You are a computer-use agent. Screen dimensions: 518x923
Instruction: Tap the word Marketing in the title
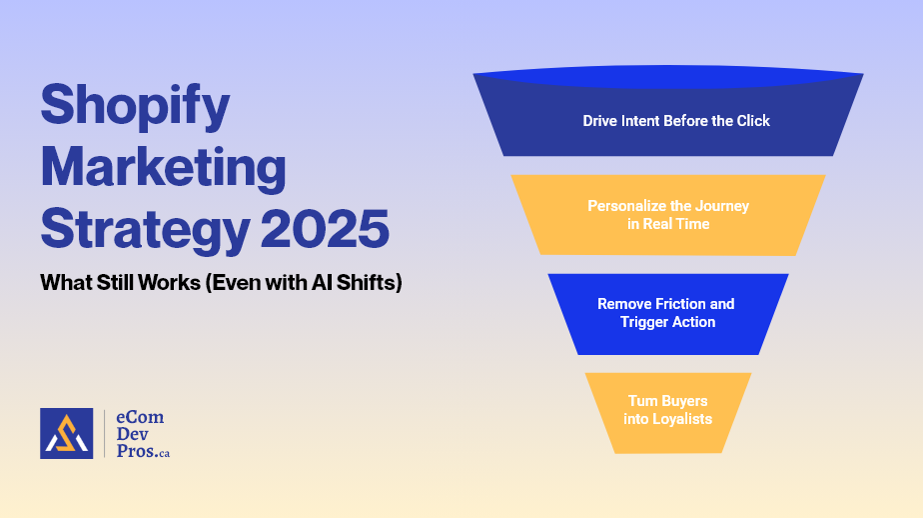[163, 168]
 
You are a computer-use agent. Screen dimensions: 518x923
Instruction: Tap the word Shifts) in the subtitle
[368, 283]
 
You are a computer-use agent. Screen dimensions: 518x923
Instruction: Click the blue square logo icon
[66, 433]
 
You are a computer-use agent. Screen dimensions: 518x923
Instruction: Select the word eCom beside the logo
[141, 416]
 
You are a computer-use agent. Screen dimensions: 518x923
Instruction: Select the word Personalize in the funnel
[626, 206]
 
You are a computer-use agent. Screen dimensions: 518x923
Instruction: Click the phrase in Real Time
[668, 224]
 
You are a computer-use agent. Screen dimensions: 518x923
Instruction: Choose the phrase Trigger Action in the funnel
[667, 322]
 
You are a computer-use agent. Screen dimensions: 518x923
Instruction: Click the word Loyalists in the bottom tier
[681, 419]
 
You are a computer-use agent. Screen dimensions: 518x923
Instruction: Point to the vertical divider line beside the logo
[104, 433]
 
